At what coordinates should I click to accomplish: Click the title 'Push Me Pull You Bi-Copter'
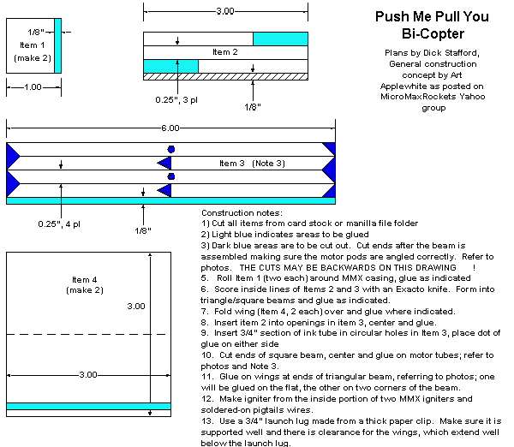coord(420,26)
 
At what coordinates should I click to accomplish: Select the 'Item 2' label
coord(224,52)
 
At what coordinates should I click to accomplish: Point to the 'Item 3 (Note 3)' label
coord(252,163)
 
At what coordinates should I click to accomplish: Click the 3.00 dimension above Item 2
coord(224,10)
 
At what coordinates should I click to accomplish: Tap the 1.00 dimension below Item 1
coord(33,87)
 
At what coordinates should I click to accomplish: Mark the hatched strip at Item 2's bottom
coord(224,76)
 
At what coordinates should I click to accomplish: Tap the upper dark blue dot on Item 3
coord(170,149)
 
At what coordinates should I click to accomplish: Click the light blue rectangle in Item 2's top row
coord(280,39)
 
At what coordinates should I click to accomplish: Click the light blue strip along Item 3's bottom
coord(170,201)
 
